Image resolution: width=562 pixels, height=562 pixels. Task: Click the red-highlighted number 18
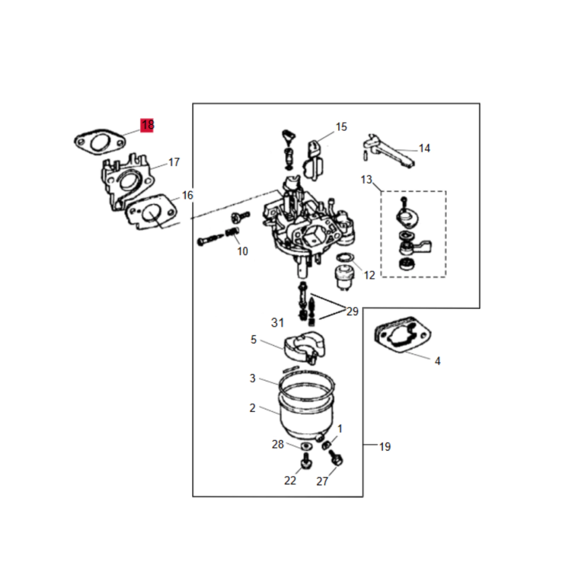pyautogui.click(x=147, y=125)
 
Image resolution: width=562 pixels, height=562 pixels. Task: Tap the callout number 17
pyautogui.click(x=174, y=162)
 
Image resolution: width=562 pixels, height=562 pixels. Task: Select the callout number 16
pyautogui.click(x=188, y=195)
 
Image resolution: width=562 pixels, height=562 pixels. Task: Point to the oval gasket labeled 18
pyautogui.click(x=100, y=142)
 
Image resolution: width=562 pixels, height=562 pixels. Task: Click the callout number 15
pyautogui.click(x=341, y=127)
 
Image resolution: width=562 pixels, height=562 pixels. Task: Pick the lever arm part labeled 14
pyautogui.click(x=389, y=151)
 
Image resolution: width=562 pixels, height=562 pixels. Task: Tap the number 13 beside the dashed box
pyautogui.click(x=367, y=179)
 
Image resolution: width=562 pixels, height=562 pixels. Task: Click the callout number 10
pyautogui.click(x=243, y=251)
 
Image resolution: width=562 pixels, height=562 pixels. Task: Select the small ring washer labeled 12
pyautogui.click(x=345, y=258)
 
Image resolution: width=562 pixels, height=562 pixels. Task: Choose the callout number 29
pyautogui.click(x=352, y=312)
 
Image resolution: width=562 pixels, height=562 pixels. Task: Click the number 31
pyautogui.click(x=277, y=323)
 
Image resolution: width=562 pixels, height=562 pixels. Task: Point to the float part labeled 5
pyautogui.click(x=304, y=347)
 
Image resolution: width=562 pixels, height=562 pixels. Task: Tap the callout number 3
pyautogui.click(x=252, y=378)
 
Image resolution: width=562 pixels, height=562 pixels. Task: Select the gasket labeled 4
pyautogui.click(x=402, y=335)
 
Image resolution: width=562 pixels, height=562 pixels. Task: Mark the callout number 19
pyautogui.click(x=385, y=447)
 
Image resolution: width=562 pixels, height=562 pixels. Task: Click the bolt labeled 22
pyautogui.click(x=306, y=461)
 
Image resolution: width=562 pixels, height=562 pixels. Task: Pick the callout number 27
pyautogui.click(x=322, y=481)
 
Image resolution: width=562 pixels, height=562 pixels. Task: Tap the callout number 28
pyautogui.click(x=278, y=445)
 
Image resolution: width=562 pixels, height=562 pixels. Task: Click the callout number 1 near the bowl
pyautogui.click(x=340, y=429)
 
